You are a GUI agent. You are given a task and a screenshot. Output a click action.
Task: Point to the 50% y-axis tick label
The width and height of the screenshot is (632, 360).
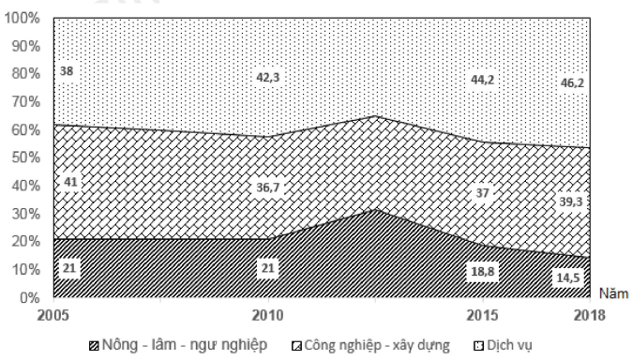pyautogui.click(x=23, y=158)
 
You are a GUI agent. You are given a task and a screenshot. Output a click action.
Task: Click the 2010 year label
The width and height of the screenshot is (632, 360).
pyautogui.click(x=268, y=313)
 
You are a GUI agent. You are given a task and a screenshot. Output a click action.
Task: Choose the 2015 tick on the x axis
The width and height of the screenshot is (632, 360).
pyautogui.click(x=483, y=313)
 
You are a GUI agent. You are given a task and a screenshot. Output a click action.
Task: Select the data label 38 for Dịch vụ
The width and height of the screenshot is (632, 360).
pyautogui.click(x=67, y=70)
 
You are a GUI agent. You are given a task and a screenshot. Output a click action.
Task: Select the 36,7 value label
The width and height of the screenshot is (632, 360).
pyautogui.click(x=268, y=187)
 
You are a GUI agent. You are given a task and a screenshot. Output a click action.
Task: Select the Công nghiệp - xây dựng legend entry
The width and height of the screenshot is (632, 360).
pyautogui.click(x=372, y=346)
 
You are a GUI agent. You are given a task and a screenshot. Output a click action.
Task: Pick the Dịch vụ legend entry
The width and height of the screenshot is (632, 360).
pyautogui.click(x=512, y=346)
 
